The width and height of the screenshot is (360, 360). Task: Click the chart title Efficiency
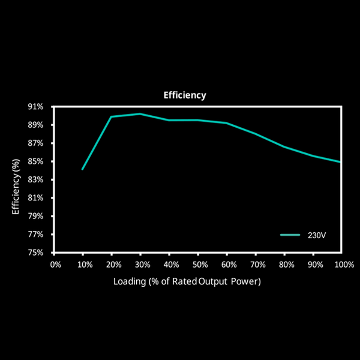[185, 95]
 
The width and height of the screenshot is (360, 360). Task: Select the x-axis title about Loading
[187, 281]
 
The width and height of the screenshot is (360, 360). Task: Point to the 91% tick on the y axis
[35, 107]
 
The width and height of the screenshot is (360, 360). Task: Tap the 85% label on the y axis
[35, 161]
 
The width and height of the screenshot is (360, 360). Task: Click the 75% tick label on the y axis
[35, 253]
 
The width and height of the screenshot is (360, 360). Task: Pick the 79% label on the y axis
[35, 216]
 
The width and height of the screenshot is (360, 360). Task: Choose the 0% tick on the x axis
[55, 264]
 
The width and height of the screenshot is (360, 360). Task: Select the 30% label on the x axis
[142, 264]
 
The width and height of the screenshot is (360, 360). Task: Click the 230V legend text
[317, 235]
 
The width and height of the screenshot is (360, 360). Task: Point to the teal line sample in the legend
[290, 235]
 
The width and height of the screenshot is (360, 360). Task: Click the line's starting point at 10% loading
[82, 169]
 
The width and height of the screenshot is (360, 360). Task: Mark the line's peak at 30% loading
[140, 113]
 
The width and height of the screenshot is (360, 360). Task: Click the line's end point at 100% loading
[341, 162]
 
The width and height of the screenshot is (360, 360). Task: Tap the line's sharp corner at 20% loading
[111, 116]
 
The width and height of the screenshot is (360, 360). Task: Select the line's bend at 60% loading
[226, 123]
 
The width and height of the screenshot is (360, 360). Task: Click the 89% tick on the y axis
[35, 125]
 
